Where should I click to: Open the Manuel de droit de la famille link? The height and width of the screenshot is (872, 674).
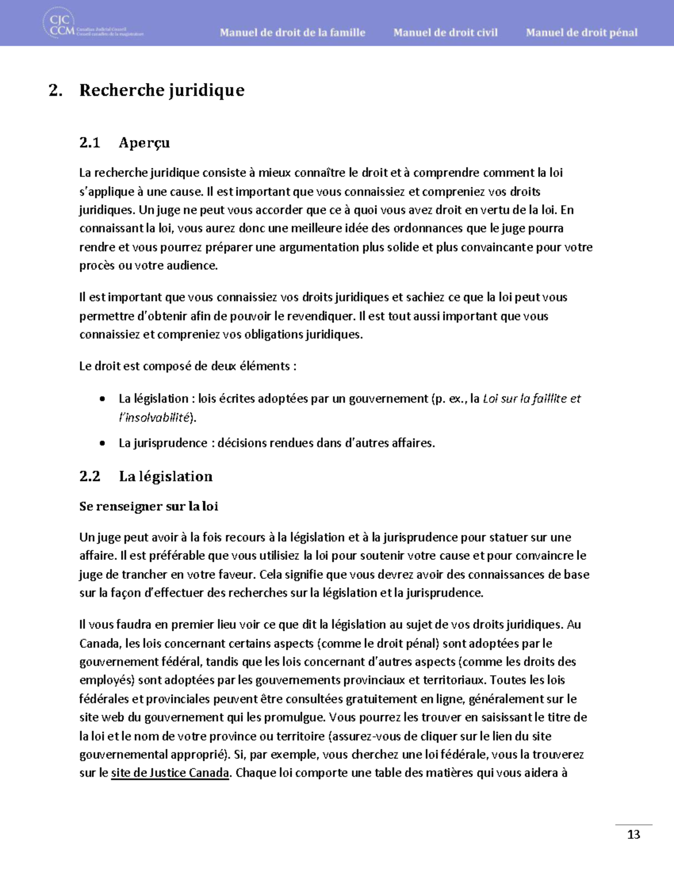(x=292, y=33)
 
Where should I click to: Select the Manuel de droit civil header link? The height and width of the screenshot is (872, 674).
(x=445, y=33)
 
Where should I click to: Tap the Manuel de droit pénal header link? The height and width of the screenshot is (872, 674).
(x=581, y=33)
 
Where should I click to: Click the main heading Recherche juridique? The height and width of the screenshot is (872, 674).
(x=162, y=90)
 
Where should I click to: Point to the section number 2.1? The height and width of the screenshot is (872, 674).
(x=89, y=143)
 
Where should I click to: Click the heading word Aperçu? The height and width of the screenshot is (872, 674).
(x=144, y=143)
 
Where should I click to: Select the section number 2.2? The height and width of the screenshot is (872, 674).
(x=89, y=476)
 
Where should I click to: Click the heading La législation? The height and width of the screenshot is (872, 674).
(x=166, y=476)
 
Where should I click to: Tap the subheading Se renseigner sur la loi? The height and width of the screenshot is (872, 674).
(x=148, y=506)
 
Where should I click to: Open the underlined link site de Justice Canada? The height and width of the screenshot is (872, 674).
(x=170, y=773)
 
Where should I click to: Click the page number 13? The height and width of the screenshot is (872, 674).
(x=633, y=834)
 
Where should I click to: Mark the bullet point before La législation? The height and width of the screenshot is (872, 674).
(x=102, y=399)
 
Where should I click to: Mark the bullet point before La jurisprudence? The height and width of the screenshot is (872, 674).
(x=102, y=443)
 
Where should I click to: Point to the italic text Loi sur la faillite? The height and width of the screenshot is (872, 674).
(x=525, y=399)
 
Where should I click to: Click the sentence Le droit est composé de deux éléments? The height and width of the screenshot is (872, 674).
(x=188, y=366)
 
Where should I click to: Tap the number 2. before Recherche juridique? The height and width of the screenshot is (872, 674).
(x=55, y=90)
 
